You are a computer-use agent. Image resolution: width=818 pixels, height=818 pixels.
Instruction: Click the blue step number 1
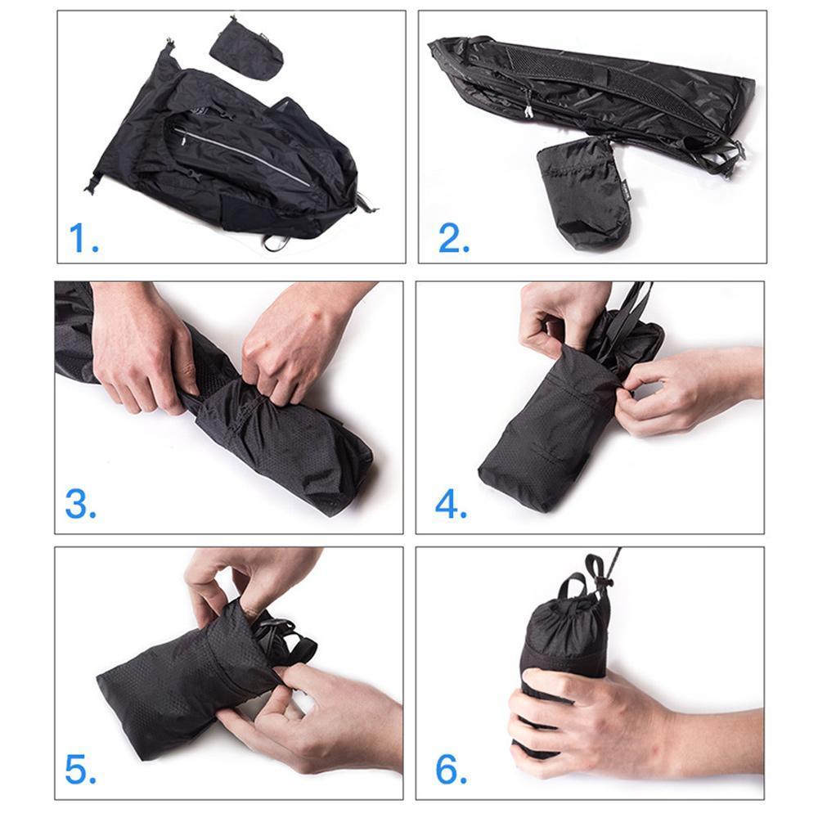[x=84, y=238]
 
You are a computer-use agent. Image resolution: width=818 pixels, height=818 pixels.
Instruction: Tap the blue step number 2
[x=454, y=238]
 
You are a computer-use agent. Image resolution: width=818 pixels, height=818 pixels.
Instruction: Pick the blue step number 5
[x=81, y=769]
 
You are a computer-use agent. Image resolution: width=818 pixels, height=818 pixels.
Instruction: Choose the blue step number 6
[x=451, y=769]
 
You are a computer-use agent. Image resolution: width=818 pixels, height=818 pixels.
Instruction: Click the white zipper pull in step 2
[x=528, y=110]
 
